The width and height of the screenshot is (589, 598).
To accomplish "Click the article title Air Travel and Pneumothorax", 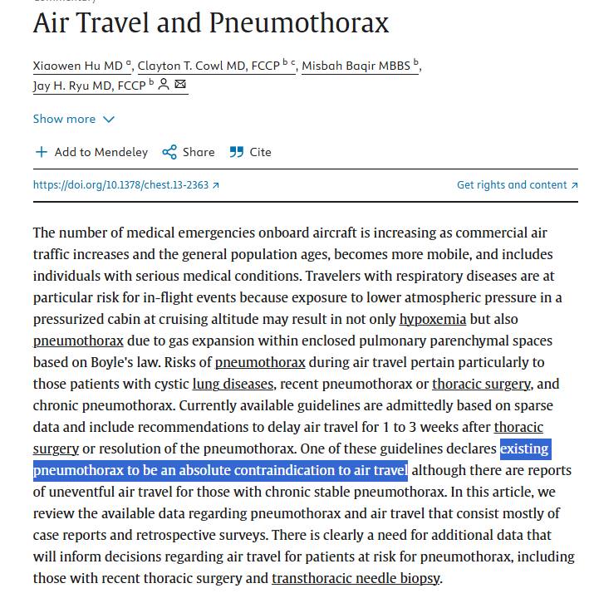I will [x=210, y=22].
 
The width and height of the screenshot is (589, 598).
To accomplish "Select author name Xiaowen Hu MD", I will [x=78, y=66].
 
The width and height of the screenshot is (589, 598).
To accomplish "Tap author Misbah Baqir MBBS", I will [x=356, y=66].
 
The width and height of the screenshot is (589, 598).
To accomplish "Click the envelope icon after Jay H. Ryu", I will [x=180, y=85].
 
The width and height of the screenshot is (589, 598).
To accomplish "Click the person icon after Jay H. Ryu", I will [x=164, y=85].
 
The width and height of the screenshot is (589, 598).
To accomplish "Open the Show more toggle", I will [x=73, y=119].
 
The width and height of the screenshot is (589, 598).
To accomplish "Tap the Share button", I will [x=189, y=152].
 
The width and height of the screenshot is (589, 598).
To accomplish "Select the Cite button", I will [x=251, y=152].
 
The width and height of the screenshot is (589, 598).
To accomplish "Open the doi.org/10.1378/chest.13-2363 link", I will [x=126, y=185].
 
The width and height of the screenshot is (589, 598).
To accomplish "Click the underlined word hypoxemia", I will [x=433, y=319].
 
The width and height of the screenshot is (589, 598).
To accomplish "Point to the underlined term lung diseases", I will [x=233, y=384].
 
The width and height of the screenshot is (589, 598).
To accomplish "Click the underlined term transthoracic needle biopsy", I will [x=356, y=578].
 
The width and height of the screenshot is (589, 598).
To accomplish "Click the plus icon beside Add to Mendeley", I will [x=42, y=152].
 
